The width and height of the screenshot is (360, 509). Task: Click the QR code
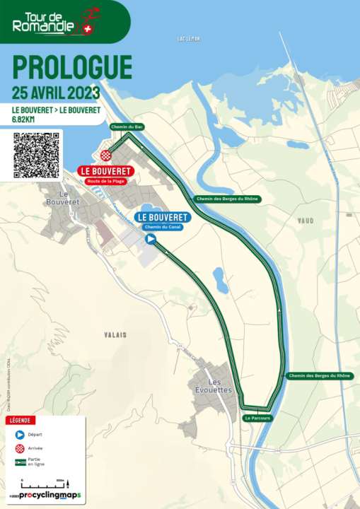[x=35, y=155]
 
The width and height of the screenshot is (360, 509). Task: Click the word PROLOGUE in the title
[x=72, y=67]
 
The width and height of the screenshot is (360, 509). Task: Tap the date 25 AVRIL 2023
[x=56, y=93]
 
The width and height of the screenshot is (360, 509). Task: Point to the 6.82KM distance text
[x=25, y=119]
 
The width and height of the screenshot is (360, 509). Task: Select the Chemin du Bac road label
[x=127, y=126]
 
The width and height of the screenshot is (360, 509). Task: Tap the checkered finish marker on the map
[x=105, y=156]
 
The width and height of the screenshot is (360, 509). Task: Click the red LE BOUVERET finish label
[x=106, y=171]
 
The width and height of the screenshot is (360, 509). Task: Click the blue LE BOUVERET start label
[x=163, y=217]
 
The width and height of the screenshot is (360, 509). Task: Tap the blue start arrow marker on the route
[x=151, y=240]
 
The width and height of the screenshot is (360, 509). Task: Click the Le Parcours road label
[x=257, y=419]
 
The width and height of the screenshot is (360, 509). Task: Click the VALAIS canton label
[x=115, y=334]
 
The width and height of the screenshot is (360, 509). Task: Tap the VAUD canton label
[x=306, y=221]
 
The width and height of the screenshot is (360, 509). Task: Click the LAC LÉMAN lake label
[x=189, y=39]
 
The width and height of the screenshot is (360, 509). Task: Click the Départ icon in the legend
[x=19, y=434]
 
